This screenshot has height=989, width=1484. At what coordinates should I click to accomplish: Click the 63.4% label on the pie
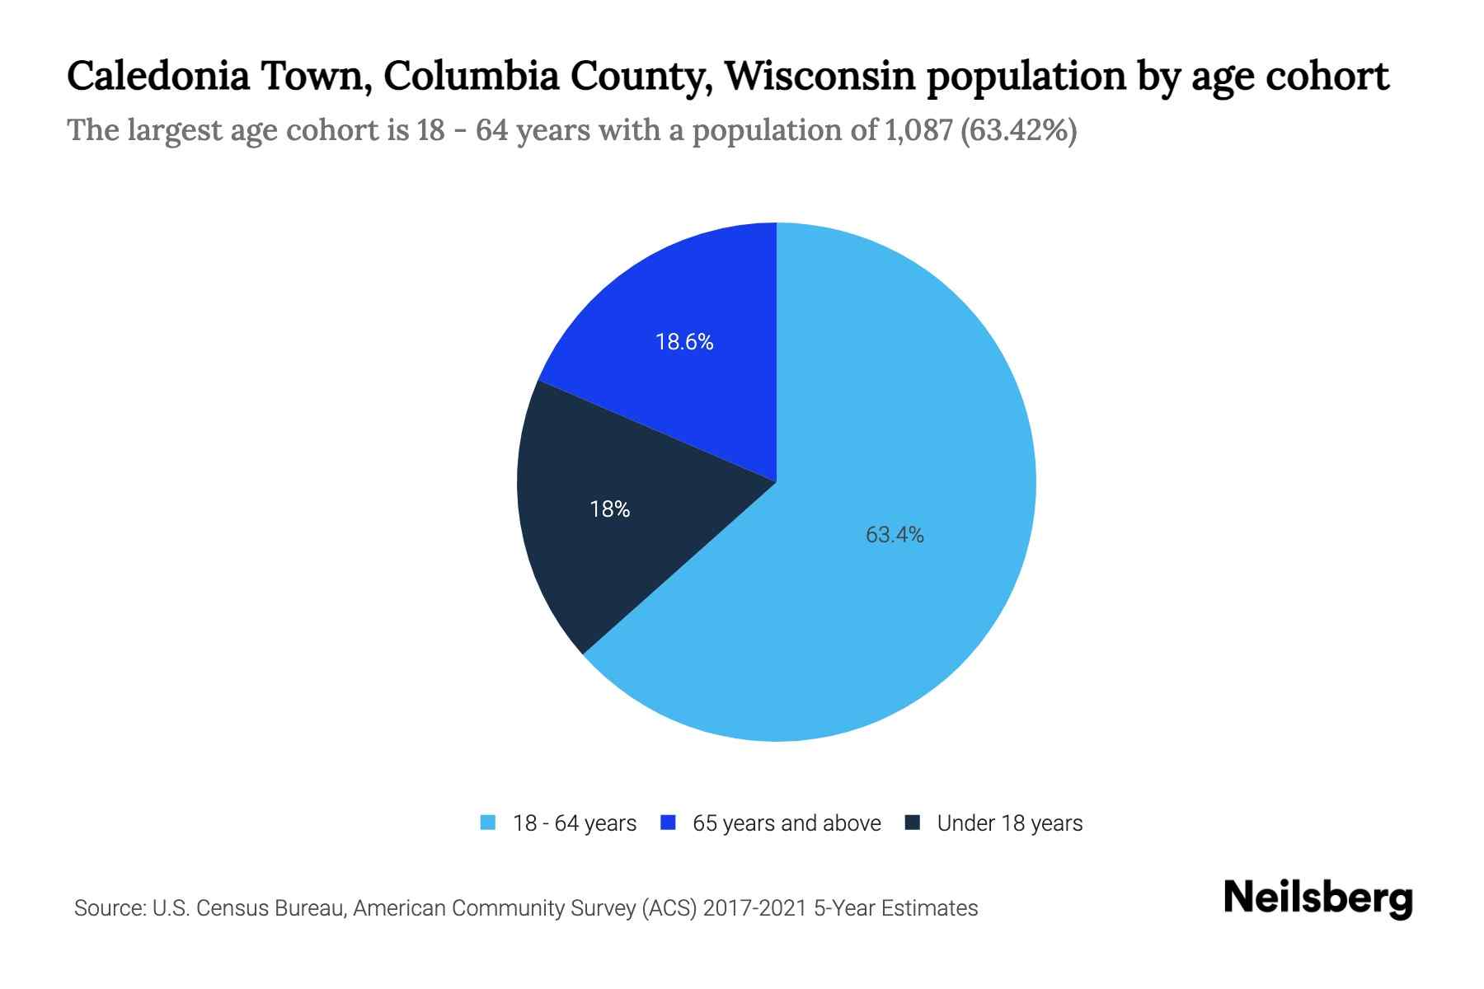895,536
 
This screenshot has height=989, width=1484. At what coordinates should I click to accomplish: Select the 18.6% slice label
684,342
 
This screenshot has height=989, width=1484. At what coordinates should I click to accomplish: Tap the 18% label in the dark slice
610,510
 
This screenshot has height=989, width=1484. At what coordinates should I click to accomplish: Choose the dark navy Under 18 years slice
602,544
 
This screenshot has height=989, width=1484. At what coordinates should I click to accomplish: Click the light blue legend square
488,823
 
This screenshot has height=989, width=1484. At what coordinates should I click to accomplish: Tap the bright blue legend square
669,823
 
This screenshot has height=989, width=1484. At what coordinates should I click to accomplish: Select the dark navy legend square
913,823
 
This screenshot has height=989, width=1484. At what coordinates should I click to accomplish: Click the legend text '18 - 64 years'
575,823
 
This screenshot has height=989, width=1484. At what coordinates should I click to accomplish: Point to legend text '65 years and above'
787,823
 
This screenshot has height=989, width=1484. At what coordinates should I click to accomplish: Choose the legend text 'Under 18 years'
1010,823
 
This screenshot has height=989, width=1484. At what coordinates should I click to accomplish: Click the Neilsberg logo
1317,898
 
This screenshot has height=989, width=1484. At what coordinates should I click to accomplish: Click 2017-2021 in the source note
755,908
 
